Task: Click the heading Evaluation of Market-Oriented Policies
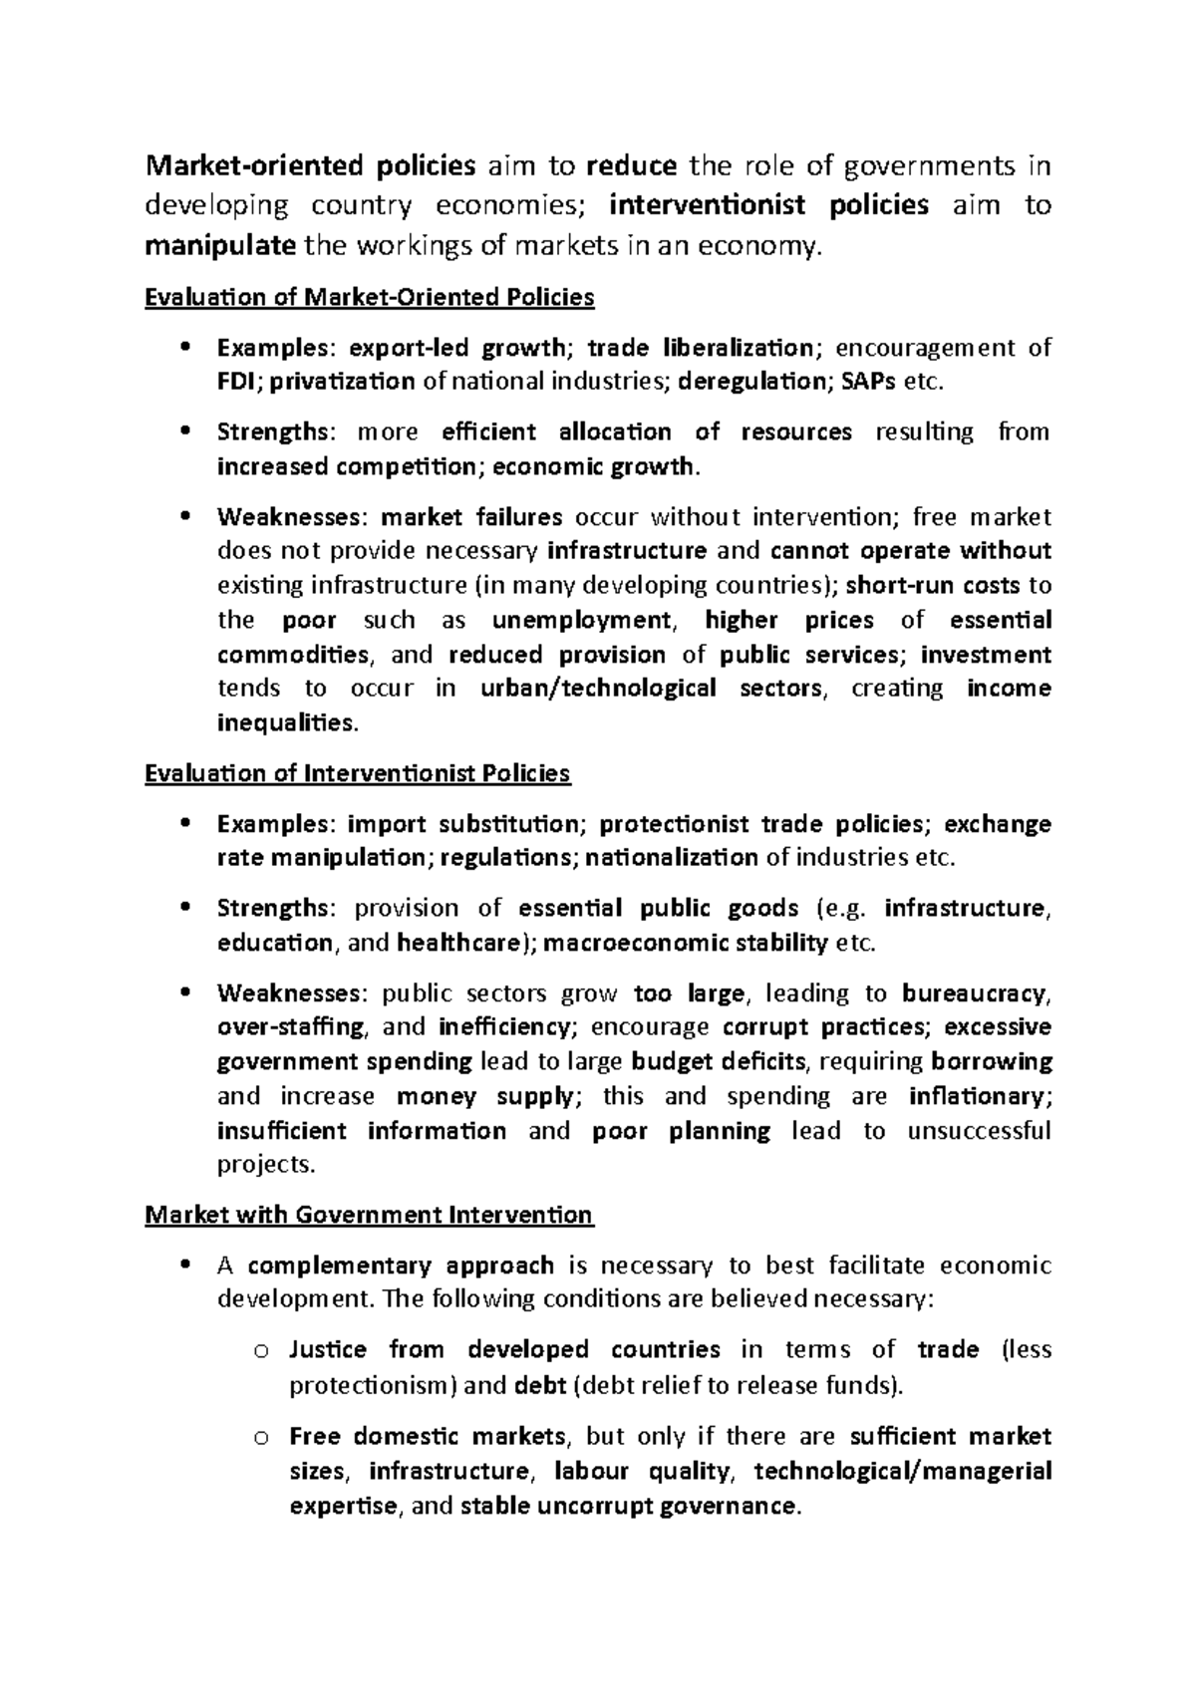point(369,297)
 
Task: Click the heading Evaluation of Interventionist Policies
point(357,773)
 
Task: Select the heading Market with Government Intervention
point(369,1215)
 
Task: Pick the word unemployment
point(582,621)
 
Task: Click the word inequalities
point(285,723)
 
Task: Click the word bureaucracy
point(975,993)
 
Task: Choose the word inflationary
point(980,1097)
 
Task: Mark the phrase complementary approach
point(401,1266)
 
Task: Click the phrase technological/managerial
point(903,1472)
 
